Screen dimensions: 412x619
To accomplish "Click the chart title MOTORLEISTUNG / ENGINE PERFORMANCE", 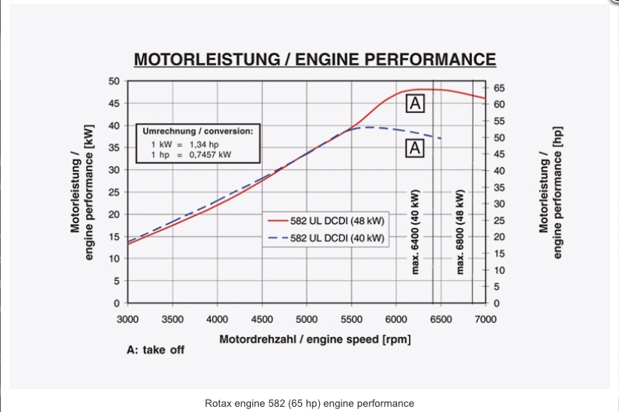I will pos(313,59).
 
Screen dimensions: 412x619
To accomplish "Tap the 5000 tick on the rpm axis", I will pos(307,319).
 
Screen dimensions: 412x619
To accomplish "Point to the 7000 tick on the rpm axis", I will pos(485,319).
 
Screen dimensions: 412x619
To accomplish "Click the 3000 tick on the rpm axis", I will pos(128,319).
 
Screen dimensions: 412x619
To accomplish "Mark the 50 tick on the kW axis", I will pos(114,81).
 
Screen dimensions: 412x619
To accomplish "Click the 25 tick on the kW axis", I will pos(114,192).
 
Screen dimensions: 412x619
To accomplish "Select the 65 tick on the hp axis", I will pos(499,88).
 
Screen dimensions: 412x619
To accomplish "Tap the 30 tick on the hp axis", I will pos(499,203).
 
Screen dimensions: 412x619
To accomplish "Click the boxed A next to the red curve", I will pos(414,104).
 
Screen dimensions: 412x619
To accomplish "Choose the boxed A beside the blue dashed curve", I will pos(414,149).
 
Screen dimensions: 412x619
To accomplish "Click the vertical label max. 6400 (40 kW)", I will pos(415,230).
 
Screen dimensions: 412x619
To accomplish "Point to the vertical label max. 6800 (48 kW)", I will pos(460,230).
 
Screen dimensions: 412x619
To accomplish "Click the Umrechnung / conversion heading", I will pos(197,131).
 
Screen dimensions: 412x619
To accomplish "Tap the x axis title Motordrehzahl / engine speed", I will pos(315,339).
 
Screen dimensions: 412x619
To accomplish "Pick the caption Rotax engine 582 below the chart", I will pos(309,403).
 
